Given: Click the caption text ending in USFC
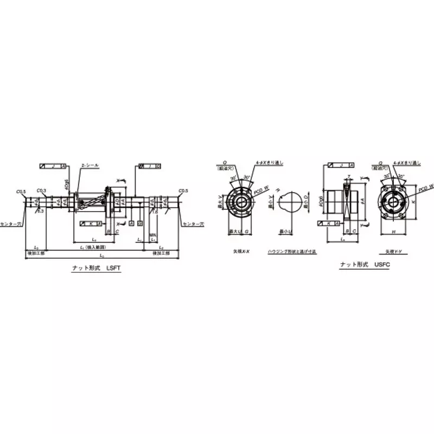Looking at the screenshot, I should pos(365,264).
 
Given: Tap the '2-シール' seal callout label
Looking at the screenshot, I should pos(90,165).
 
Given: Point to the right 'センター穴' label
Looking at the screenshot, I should pos(192,224).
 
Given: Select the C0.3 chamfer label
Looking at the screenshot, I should pos(41,190).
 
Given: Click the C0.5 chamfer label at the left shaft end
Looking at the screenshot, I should pos(21,191).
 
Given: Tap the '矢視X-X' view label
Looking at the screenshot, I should pos(241,252).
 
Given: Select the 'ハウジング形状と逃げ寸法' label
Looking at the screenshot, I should pos(292,252).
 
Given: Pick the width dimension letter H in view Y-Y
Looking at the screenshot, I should pos(392,232).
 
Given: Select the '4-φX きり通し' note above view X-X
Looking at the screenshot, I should pos(269,162).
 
